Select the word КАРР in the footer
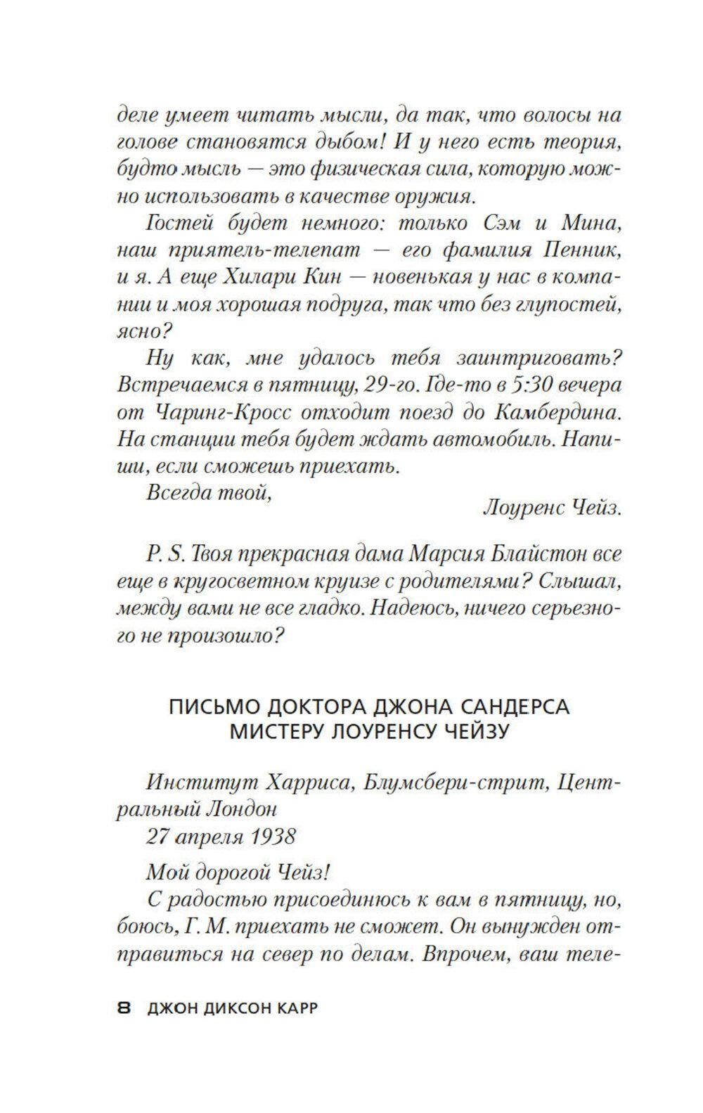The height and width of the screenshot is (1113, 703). [295, 1008]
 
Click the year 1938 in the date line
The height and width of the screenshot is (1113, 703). [269, 836]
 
